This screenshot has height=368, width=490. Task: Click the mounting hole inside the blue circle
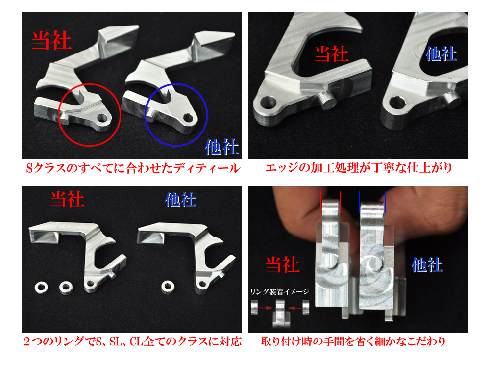[188, 117]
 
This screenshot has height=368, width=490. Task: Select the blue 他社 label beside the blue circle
[222, 146]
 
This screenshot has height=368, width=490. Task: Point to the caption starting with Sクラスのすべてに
[133, 169]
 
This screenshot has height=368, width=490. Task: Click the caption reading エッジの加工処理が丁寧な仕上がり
[358, 169]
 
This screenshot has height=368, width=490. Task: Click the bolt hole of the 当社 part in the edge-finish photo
[269, 103]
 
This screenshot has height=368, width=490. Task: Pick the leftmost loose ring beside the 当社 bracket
[40, 286]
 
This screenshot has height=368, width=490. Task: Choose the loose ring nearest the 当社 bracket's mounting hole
[65, 286]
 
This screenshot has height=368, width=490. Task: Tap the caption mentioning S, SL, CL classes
[133, 342]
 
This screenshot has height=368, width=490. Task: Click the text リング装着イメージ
[280, 291]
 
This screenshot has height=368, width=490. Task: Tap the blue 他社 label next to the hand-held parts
[427, 265]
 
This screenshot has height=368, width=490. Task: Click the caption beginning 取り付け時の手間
[358, 342]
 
